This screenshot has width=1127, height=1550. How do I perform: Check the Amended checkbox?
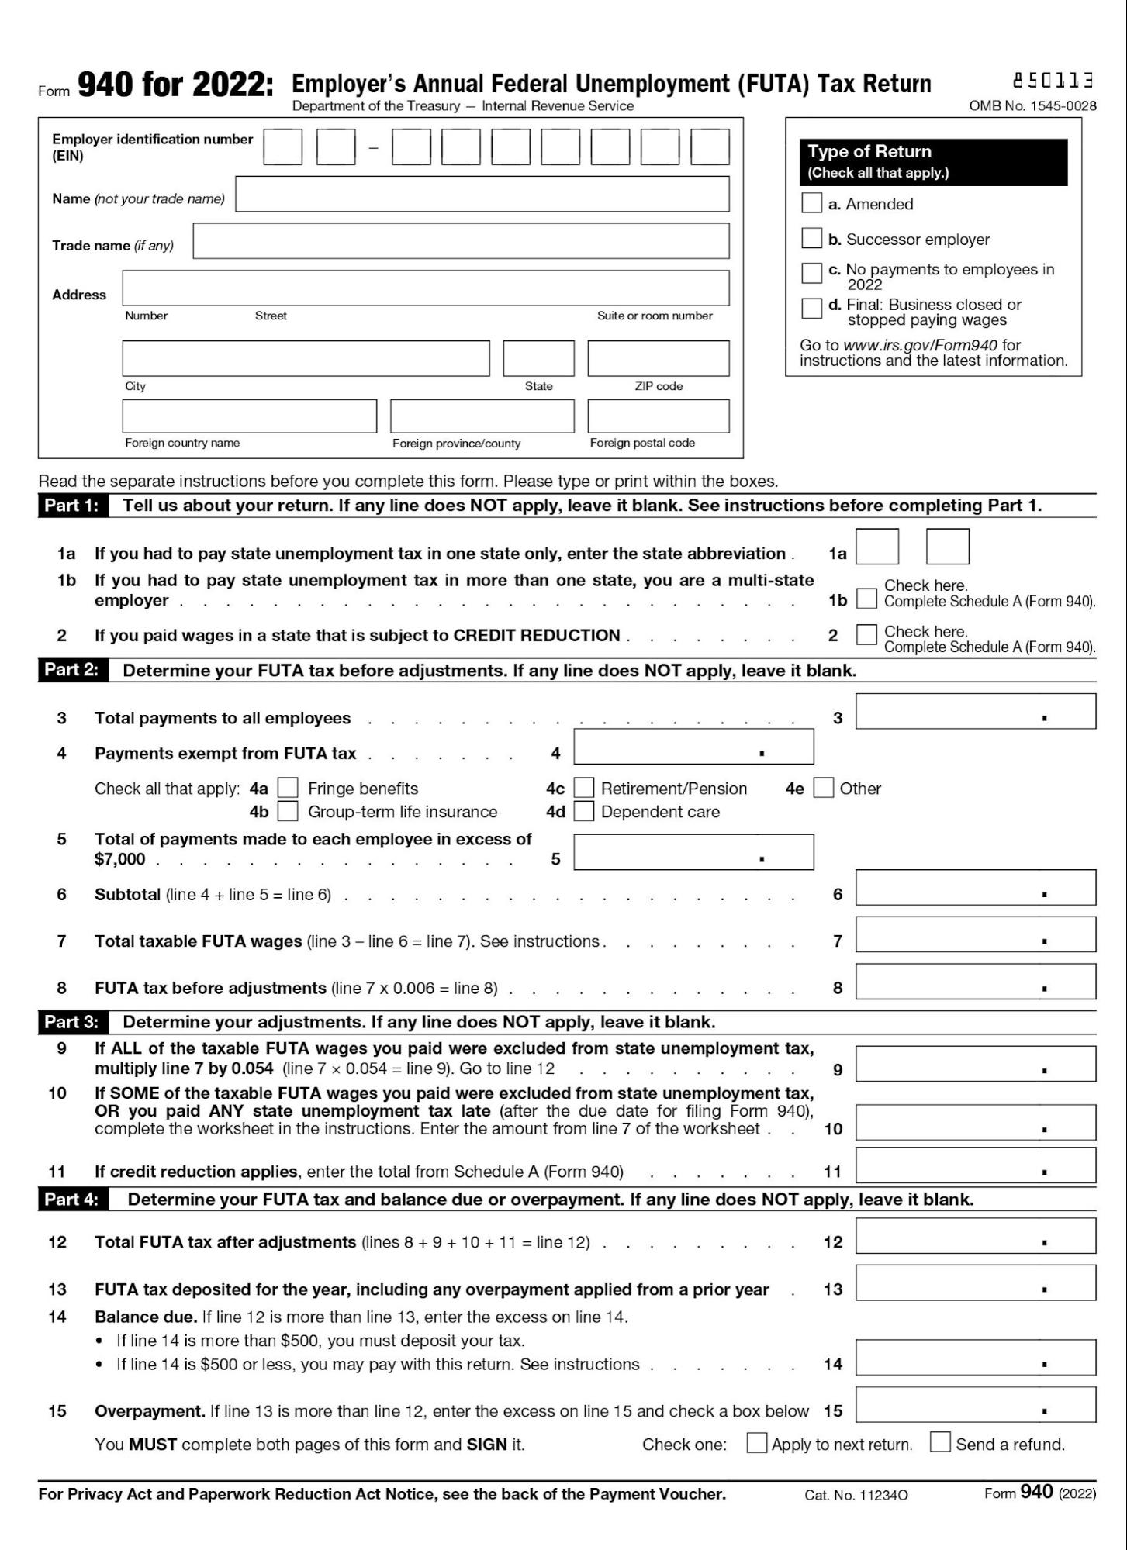(811, 203)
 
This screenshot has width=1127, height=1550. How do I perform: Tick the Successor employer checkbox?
(811, 238)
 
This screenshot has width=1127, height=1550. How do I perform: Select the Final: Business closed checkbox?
(811, 308)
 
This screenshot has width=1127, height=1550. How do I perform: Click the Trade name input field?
(461, 241)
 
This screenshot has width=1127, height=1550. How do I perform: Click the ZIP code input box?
(658, 358)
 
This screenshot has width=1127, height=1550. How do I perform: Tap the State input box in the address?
(538, 358)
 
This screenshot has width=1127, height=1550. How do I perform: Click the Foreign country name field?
(249, 416)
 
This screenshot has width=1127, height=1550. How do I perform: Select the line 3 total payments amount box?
(975, 712)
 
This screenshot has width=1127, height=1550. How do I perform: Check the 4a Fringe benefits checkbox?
(288, 788)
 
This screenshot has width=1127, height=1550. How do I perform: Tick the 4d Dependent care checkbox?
(583, 811)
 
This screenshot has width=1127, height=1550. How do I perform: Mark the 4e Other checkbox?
(824, 788)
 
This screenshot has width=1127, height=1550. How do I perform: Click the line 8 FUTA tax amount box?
(975, 982)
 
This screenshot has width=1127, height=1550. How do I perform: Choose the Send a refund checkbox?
(940, 1442)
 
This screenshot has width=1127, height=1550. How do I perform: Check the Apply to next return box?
(756, 1442)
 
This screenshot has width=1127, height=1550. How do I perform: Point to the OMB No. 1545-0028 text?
(1032, 106)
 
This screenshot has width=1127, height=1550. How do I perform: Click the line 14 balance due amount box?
(975, 1358)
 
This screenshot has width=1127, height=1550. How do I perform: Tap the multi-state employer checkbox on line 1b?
(866, 599)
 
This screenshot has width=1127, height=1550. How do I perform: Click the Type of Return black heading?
(933, 161)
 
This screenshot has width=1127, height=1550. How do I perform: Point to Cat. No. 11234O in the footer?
(856, 1495)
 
